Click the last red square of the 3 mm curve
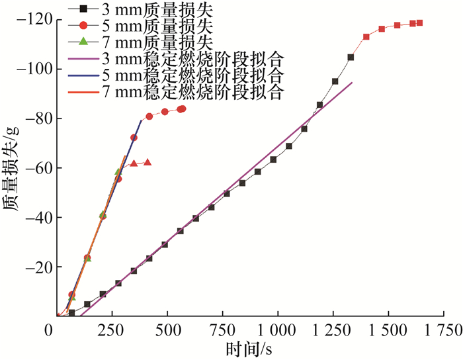[x=419, y=23]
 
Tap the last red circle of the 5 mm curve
[x=183, y=109]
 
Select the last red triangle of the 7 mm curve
[x=147, y=162]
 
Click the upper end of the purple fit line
[x=352, y=83]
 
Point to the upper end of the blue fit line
[x=142, y=120]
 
